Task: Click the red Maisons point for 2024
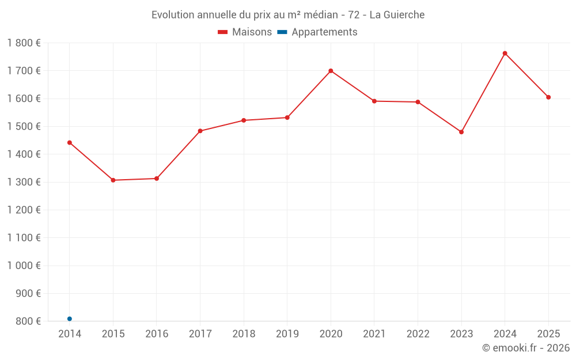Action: (x=505, y=54)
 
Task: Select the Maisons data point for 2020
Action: (x=331, y=71)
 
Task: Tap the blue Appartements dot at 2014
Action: (x=70, y=319)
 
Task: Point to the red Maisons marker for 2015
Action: (x=113, y=180)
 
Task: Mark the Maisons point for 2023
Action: (x=461, y=132)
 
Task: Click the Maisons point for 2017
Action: (x=200, y=131)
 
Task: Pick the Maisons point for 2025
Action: (x=548, y=97)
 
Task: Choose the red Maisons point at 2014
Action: (x=70, y=142)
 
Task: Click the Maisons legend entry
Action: (x=245, y=32)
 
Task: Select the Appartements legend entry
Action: (x=317, y=32)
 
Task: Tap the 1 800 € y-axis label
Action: (x=24, y=43)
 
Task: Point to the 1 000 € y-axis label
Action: (x=24, y=266)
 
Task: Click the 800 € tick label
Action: (x=28, y=321)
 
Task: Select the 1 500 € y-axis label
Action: (x=24, y=126)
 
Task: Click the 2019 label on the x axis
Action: (x=287, y=334)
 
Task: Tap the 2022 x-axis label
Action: (x=418, y=334)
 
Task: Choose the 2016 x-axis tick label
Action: (x=157, y=334)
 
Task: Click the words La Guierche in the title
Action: (x=397, y=15)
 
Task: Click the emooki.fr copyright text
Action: (x=526, y=348)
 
